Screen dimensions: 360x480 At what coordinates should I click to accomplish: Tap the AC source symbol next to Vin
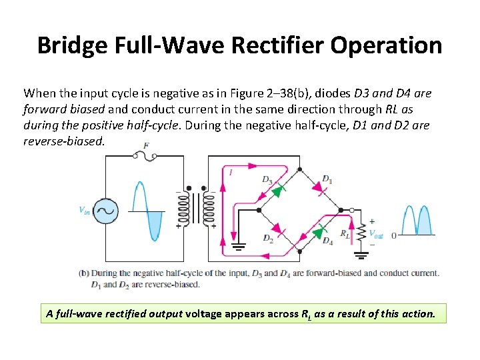point(105,211)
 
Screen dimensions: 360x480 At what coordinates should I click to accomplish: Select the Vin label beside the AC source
point(85,211)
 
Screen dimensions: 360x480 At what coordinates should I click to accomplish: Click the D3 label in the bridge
point(267,179)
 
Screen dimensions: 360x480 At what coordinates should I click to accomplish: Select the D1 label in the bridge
point(327,178)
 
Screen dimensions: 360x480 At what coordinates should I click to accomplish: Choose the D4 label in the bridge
point(327,241)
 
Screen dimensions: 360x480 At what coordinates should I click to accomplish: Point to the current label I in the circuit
point(231,173)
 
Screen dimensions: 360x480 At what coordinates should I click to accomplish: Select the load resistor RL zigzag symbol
point(362,231)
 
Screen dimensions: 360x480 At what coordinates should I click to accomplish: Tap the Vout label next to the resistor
point(376,235)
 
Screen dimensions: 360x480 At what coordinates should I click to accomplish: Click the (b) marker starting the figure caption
point(84,273)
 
